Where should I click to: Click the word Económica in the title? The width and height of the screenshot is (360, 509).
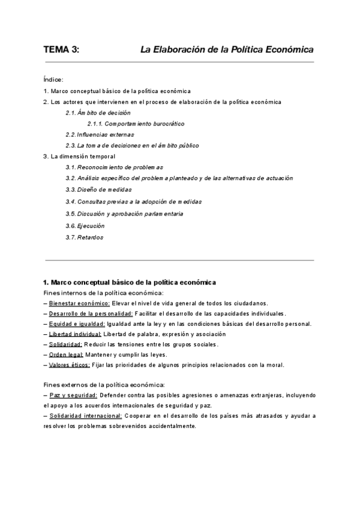coord(285,50)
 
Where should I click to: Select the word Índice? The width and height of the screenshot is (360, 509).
coord(54,79)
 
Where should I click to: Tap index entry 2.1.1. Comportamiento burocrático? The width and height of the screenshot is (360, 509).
coord(136,124)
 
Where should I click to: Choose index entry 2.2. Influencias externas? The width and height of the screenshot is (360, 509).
coord(100,134)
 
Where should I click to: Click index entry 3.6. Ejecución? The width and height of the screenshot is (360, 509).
coord(85,226)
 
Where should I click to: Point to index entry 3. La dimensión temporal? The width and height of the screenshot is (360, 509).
coord(79,157)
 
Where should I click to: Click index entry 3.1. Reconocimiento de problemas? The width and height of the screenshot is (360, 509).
coord(114,167)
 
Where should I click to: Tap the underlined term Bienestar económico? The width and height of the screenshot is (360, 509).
coord(80,303)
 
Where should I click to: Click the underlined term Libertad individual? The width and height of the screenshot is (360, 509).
coord(76,334)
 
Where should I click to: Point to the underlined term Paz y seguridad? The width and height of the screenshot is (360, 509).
coord(73,395)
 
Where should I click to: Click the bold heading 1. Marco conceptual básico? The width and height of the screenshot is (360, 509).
coord(130,282)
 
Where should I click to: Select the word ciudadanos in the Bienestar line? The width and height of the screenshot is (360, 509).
coord(251,303)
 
